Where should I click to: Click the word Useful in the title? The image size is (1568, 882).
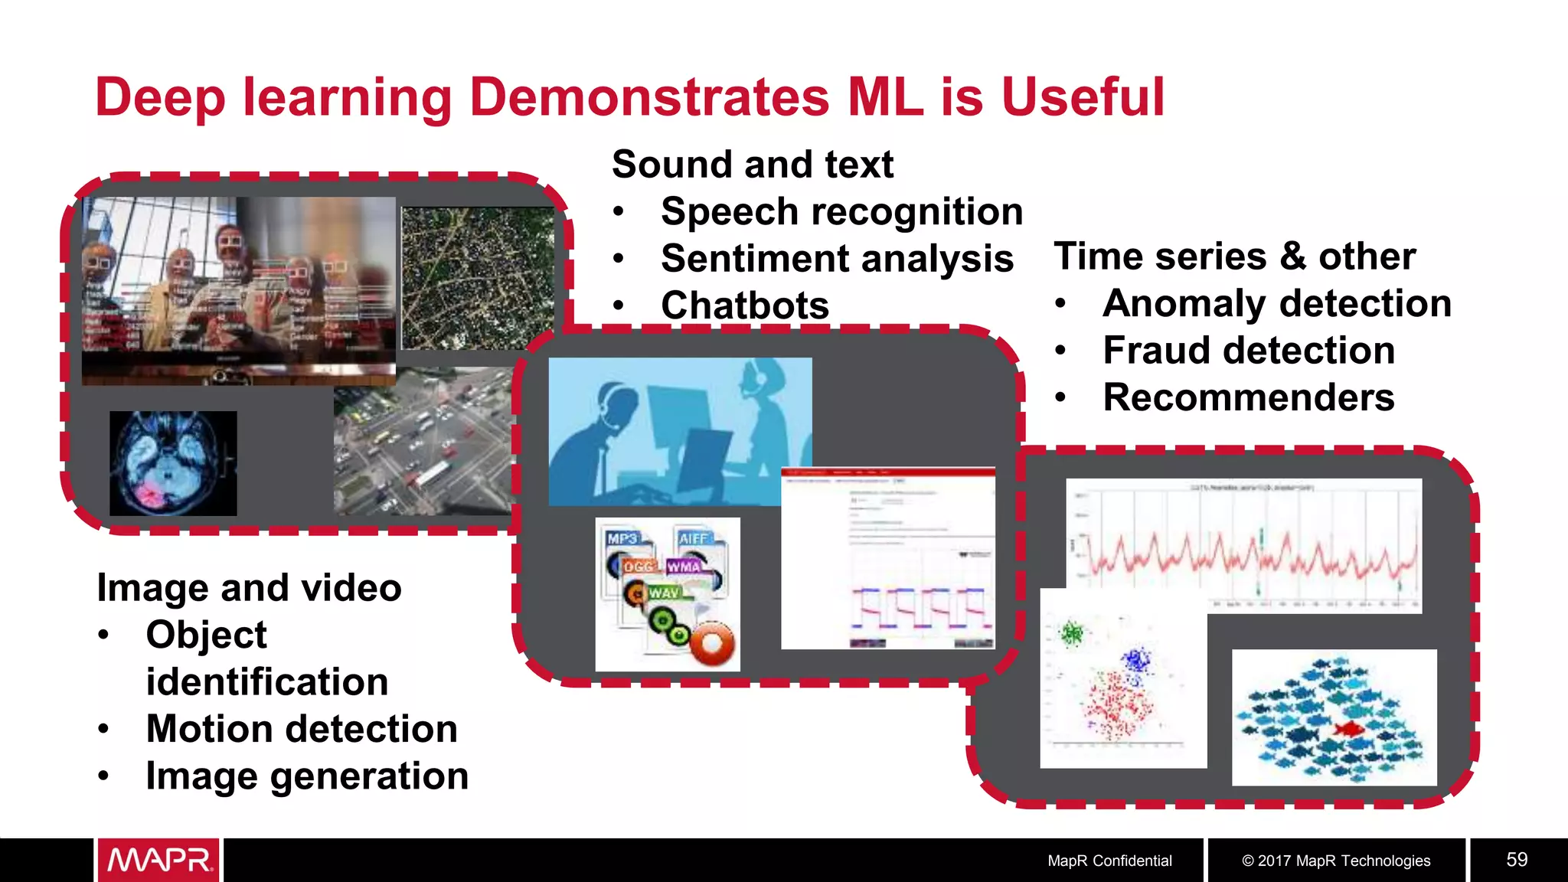click(x=1083, y=97)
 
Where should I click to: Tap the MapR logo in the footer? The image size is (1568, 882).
click(x=158, y=860)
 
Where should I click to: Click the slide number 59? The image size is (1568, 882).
click(x=1517, y=860)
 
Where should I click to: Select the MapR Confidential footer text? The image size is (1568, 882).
click(x=1109, y=861)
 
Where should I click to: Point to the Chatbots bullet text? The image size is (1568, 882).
click(x=745, y=305)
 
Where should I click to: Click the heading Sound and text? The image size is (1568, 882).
click(x=753, y=165)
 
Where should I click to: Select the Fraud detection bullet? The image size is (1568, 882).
click(x=1249, y=351)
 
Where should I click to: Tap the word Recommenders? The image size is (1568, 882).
click(x=1249, y=397)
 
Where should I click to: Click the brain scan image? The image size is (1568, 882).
click(x=173, y=463)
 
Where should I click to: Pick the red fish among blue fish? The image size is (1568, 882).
click(x=1348, y=729)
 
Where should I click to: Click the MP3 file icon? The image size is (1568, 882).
click(x=623, y=539)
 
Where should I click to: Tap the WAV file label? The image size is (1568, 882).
click(x=664, y=593)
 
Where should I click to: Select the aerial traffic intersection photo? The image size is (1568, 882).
click(x=423, y=443)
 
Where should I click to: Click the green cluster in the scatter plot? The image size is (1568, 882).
click(x=1071, y=633)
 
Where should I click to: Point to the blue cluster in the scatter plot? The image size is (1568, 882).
click(x=1136, y=660)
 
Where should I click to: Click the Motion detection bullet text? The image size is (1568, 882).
click(x=302, y=729)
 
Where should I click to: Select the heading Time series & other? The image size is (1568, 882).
click(x=1234, y=256)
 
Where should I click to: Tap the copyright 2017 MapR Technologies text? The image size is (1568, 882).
click(x=1336, y=861)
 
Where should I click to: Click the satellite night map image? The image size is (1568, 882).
click(x=478, y=278)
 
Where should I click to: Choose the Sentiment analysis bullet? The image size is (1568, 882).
click(x=837, y=259)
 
